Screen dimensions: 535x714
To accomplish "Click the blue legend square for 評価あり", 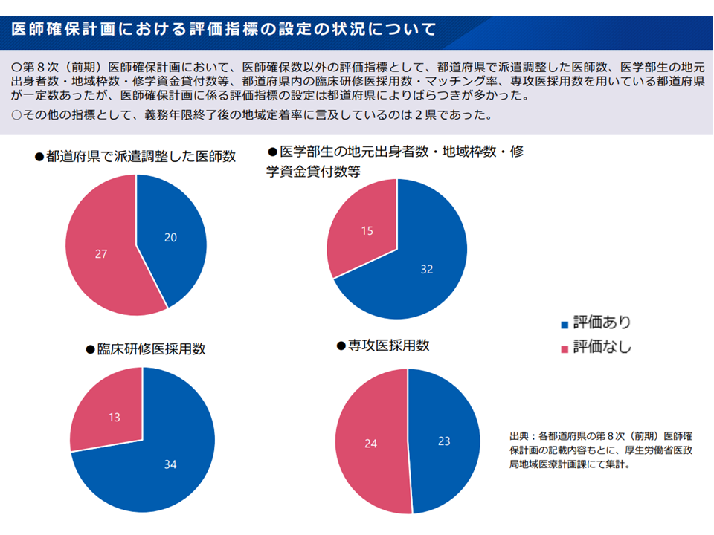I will (x=565, y=325).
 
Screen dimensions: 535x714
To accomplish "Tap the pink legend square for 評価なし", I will (x=565, y=348).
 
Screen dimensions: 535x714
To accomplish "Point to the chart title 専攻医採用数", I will (x=388, y=346).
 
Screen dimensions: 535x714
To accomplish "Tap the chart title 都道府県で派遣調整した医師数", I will (x=141, y=157).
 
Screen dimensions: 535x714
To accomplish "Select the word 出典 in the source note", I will (x=518, y=435).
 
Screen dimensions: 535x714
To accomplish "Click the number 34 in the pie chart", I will (x=170, y=464).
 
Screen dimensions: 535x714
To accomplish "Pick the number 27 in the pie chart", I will (x=102, y=254).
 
